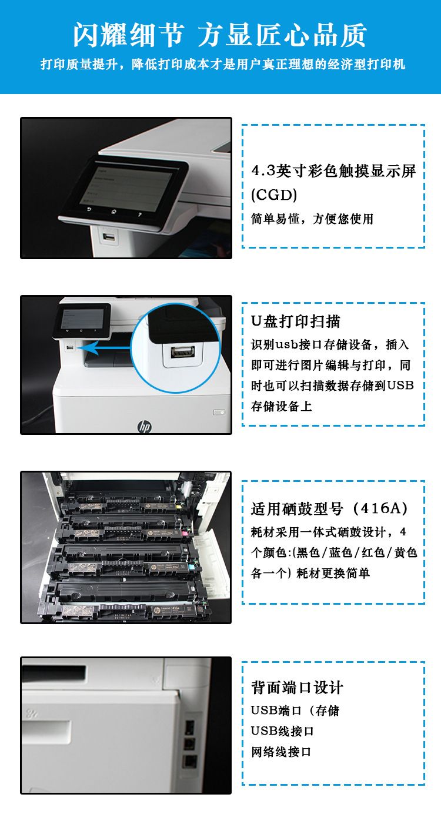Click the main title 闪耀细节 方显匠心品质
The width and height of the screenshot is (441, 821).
pos(220,35)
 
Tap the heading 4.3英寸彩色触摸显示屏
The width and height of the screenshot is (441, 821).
pos(333,171)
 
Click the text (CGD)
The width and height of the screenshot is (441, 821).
pos(274,195)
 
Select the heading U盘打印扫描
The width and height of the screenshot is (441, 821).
pos(295,321)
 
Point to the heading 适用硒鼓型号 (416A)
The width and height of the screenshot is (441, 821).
pos(329,508)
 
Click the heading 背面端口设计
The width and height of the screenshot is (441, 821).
pos(297,687)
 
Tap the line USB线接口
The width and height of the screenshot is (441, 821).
pos(282,731)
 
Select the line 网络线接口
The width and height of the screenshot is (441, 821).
pos(281,752)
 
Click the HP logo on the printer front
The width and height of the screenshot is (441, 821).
pos(145,426)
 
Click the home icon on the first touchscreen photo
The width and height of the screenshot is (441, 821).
pos(113,212)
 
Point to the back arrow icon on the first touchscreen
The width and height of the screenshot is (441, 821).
pos(89,210)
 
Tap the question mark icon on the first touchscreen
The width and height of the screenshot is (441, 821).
pos(140,214)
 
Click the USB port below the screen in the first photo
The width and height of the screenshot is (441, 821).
pos(109,237)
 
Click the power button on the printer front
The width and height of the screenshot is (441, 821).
pos(219,413)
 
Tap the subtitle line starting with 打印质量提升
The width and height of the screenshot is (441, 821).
pos(223,65)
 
